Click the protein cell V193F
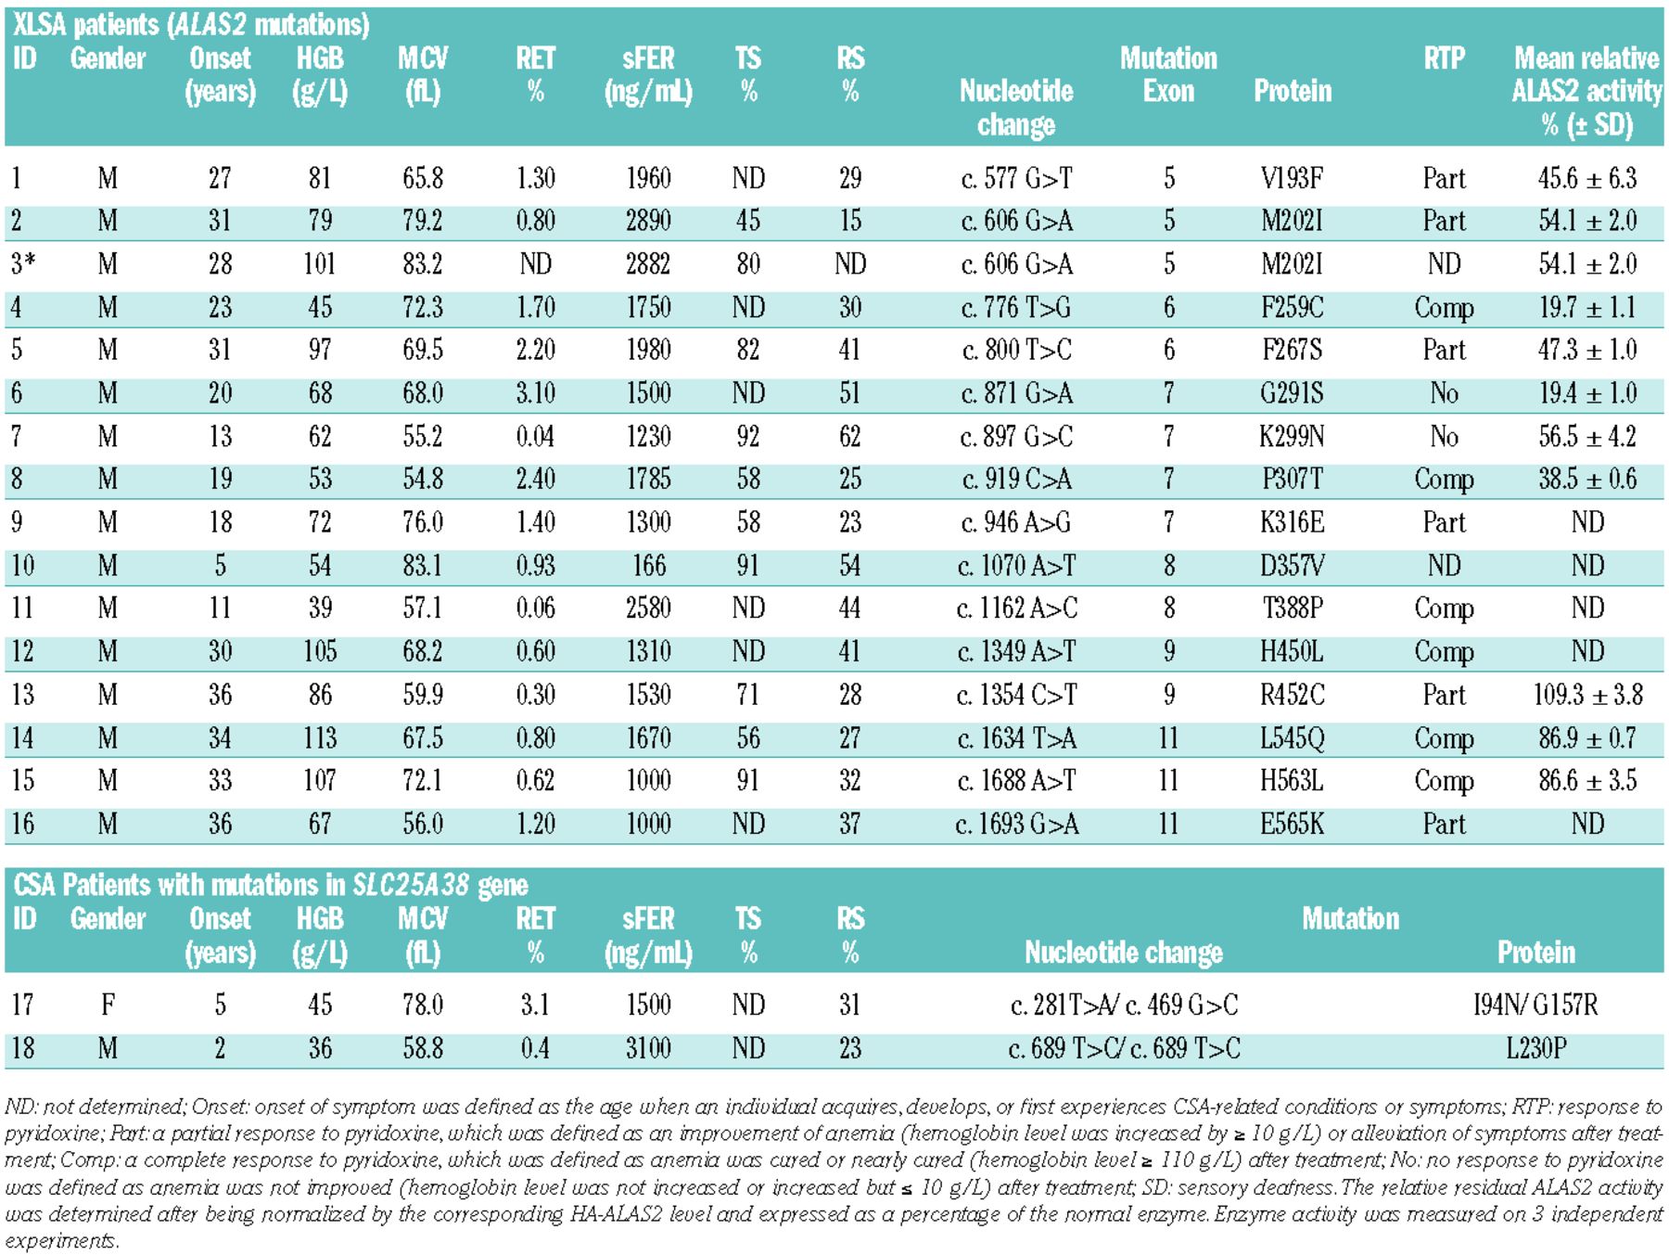click(x=1292, y=177)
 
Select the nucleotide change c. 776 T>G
click(x=1016, y=307)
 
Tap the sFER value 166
click(x=648, y=565)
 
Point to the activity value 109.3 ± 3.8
click(x=1587, y=695)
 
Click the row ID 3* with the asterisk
click(x=23, y=263)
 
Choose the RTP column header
click(x=1444, y=58)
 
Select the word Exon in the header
click(x=1168, y=91)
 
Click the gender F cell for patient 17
click(x=108, y=1005)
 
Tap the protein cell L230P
click(x=1535, y=1048)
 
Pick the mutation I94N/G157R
click(x=1535, y=1005)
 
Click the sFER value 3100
click(x=648, y=1048)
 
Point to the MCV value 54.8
click(x=422, y=479)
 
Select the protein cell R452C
click(x=1292, y=695)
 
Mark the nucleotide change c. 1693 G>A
click(x=1016, y=824)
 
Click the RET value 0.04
click(x=535, y=436)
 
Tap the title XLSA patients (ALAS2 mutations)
click(x=191, y=24)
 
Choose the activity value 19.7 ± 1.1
click(x=1587, y=307)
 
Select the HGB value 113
click(x=320, y=738)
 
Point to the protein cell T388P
click(x=1292, y=608)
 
